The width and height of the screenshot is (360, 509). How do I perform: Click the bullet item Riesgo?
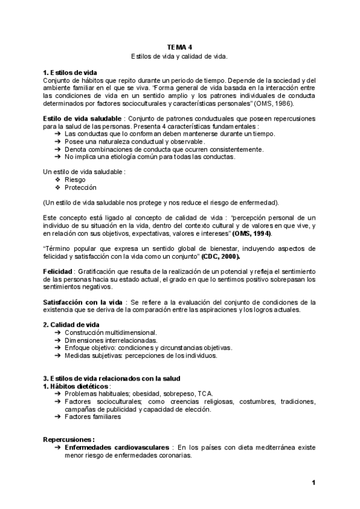75,179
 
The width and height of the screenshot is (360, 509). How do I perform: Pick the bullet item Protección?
80,187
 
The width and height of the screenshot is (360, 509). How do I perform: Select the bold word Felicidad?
60,272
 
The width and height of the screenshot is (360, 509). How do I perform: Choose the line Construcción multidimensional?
111,332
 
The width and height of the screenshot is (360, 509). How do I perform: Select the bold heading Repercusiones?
69,439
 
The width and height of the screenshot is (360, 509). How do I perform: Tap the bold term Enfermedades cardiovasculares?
116,447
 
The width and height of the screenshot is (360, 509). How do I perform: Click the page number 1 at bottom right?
313,483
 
